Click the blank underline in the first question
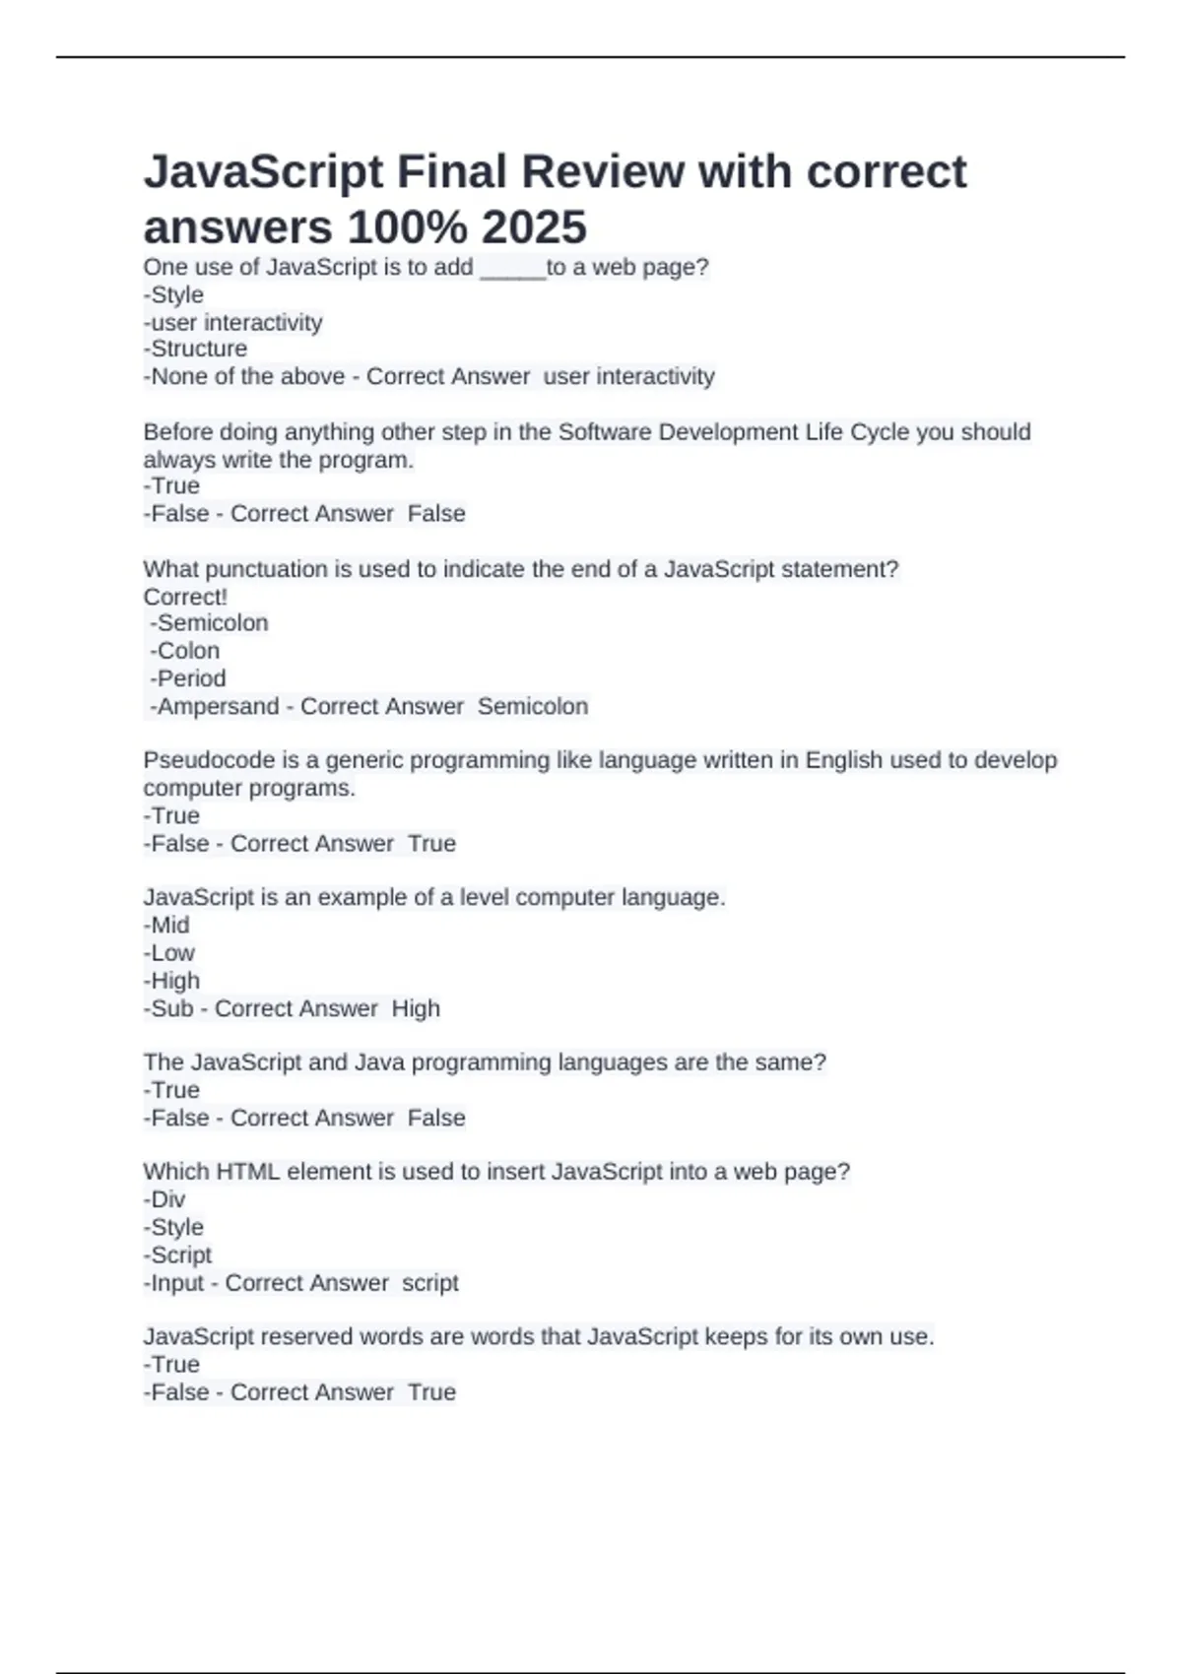tap(512, 269)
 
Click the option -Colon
tap(185, 651)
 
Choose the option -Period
tap(188, 678)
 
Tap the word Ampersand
tap(219, 706)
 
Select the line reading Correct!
tap(185, 597)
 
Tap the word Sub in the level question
tap(172, 1008)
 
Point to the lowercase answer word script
tap(430, 1283)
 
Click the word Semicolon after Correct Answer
tap(533, 706)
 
